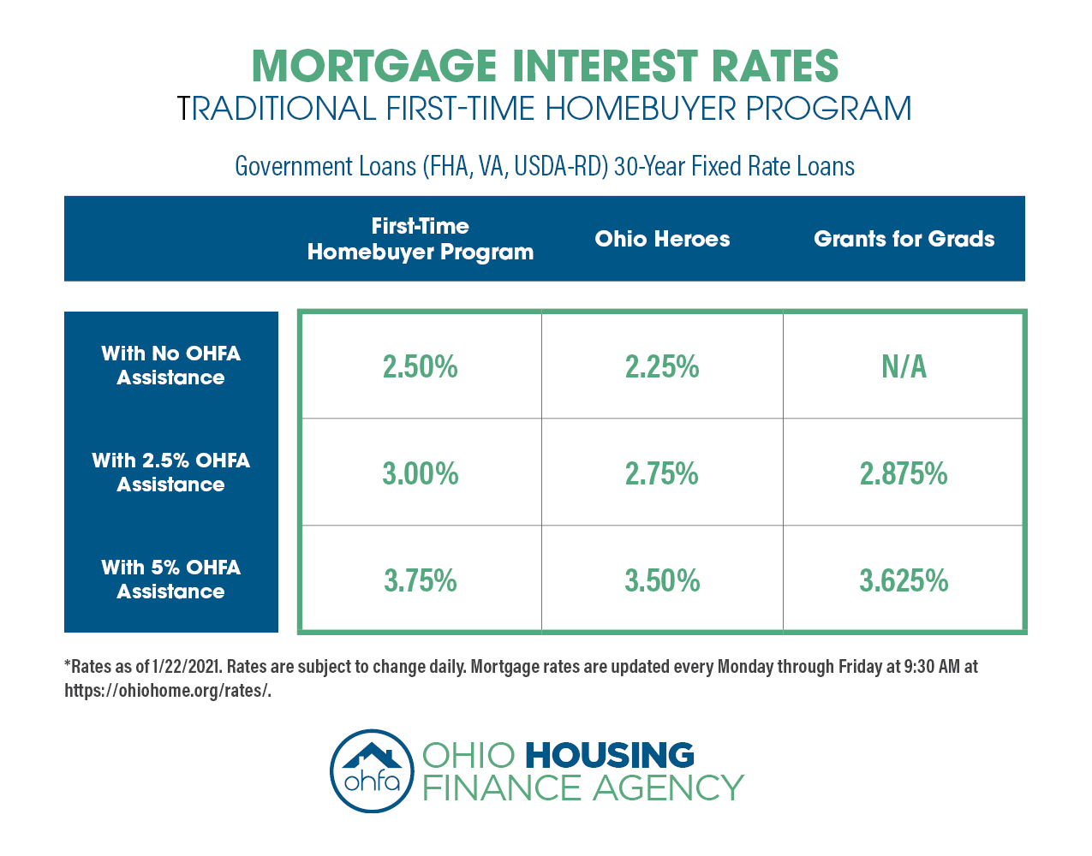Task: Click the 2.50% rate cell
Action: click(420, 367)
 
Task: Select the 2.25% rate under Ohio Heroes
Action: click(662, 367)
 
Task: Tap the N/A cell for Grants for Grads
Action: click(904, 367)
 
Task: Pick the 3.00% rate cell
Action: click(420, 474)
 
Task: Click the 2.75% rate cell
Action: click(662, 474)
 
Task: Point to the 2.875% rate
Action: click(904, 474)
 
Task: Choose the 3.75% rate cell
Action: click(420, 581)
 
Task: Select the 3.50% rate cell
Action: click(662, 581)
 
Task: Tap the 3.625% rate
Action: click(904, 581)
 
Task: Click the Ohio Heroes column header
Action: click(662, 239)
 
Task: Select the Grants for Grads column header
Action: click(904, 239)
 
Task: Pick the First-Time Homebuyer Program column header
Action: click(420, 239)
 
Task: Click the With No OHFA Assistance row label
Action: click(170, 366)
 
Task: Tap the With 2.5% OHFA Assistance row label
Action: click(170, 473)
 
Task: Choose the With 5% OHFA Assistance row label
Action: click(170, 580)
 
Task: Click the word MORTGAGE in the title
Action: click(374, 67)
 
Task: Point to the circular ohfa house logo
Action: click(372, 770)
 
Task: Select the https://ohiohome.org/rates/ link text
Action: click(167, 691)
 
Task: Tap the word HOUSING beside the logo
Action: click(609, 756)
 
